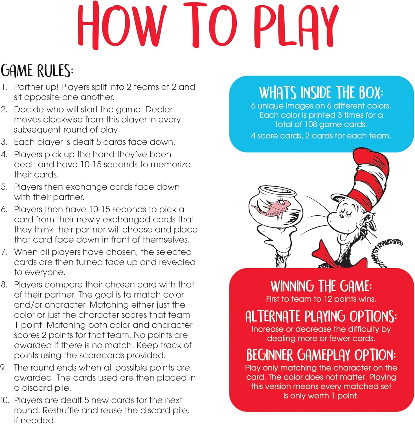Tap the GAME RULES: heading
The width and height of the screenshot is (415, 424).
[x=37, y=71]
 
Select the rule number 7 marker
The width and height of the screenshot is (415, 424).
[x=4, y=252]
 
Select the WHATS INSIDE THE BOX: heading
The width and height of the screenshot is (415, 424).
[x=321, y=93]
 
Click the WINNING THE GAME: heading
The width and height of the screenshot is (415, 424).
[x=321, y=286]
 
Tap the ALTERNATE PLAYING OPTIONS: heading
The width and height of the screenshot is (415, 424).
[x=321, y=316]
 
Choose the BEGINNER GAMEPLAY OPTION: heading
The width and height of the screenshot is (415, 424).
[x=321, y=355]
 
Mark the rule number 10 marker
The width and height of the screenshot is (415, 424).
[x=5, y=400]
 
